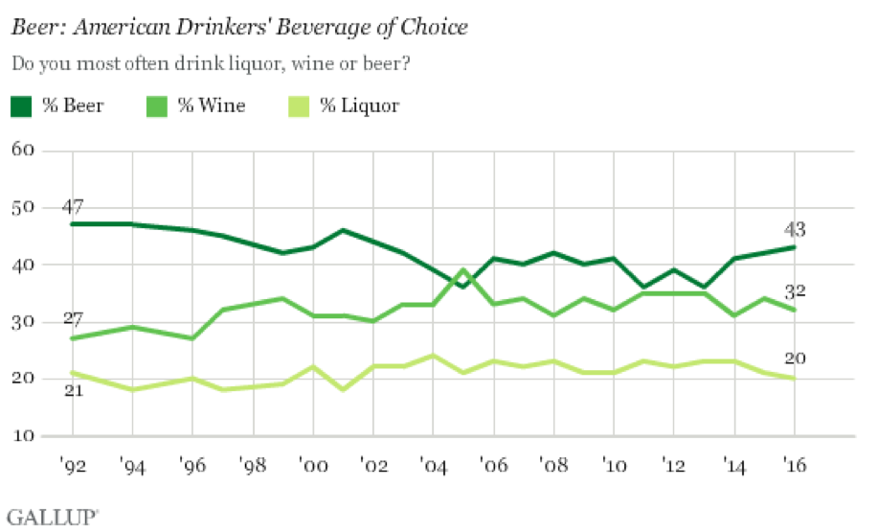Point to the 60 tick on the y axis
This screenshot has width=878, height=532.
point(24,150)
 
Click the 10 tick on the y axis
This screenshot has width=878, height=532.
point(24,436)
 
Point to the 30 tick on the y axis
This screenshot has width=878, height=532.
point(24,322)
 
